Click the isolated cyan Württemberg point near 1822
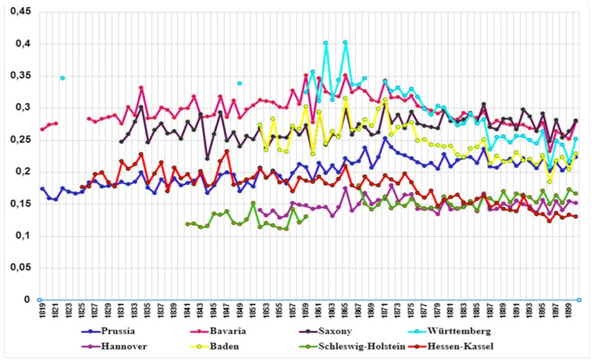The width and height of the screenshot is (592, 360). click(x=63, y=78)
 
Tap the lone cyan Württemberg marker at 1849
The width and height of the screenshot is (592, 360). click(x=240, y=83)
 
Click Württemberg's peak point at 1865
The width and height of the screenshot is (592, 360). click(x=345, y=42)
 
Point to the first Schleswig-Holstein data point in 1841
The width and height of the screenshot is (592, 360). click(x=187, y=224)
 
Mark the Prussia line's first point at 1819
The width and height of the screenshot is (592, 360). click(x=42, y=188)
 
